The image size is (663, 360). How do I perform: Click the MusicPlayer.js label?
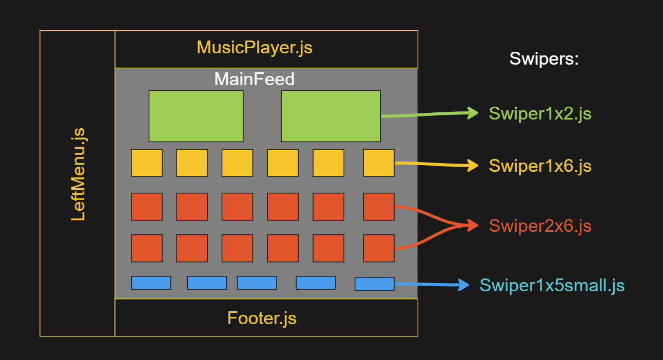255,48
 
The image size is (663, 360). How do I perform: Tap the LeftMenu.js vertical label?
79,174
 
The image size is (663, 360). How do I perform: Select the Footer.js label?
262,318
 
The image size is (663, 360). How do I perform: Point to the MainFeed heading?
255,79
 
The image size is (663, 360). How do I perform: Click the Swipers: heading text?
544,59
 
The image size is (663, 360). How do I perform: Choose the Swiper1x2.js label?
540,113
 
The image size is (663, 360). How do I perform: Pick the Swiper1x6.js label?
540,166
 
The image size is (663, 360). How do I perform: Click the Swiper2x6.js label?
540,226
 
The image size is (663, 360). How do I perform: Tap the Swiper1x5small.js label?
552,285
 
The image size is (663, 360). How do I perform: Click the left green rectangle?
196,116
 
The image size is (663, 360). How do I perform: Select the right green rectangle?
331,116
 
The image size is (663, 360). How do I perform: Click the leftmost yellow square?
147,163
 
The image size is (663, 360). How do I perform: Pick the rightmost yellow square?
379,163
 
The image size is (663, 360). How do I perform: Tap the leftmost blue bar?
151,283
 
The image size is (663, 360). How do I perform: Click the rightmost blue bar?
375,284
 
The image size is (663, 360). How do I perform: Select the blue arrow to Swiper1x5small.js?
431,284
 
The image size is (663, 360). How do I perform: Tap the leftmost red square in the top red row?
147,207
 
